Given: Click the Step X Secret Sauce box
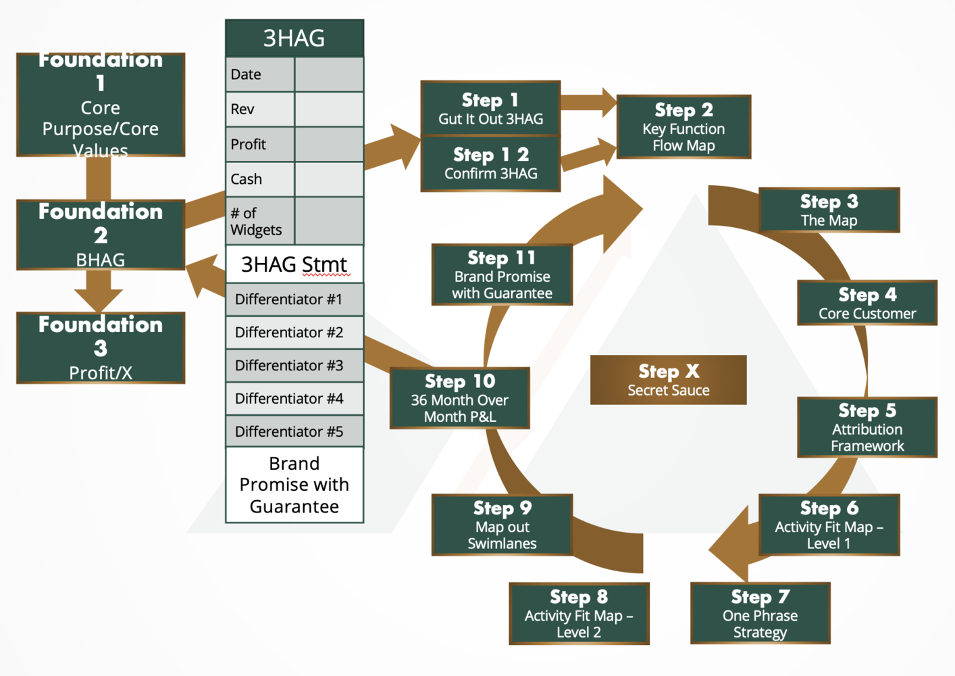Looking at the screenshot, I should pyautogui.click(x=668, y=380).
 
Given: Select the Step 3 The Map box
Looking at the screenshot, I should pyautogui.click(x=829, y=210).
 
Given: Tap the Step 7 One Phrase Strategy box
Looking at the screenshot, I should pyautogui.click(x=760, y=613).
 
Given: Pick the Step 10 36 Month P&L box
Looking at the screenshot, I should pyautogui.click(x=460, y=398).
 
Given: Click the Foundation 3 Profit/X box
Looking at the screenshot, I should pyautogui.click(x=101, y=348).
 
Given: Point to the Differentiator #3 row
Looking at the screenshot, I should pyautogui.click(x=294, y=366).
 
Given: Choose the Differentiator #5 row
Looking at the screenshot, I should pyautogui.click(x=294, y=431).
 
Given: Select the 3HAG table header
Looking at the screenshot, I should pyautogui.click(x=294, y=39).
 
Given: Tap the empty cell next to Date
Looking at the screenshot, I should pyautogui.click(x=329, y=74).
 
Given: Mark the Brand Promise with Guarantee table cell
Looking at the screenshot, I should pyautogui.click(x=294, y=485).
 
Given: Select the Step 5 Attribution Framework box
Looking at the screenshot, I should pyautogui.click(x=867, y=427).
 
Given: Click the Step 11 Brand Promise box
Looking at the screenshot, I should pyautogui.click(x=502, y=274).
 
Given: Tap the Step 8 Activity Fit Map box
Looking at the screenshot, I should pyautogui.click(x=579, y=613).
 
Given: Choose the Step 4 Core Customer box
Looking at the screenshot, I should pyautogui.click(x=867, y=303).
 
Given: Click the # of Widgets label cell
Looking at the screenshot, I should pyautogui.click(x=260, y=221).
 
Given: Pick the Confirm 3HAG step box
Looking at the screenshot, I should pyautogui.click(x=490, y=164).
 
